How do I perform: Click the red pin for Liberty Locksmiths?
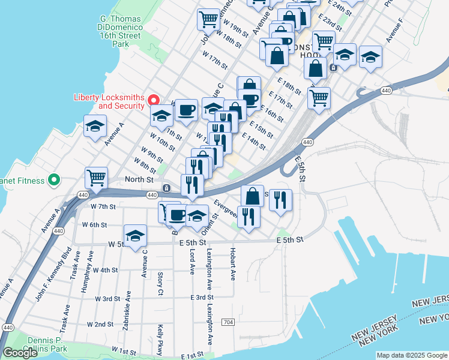[154, 100]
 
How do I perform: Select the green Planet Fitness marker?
[53, 179]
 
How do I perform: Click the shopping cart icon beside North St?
[96, 176]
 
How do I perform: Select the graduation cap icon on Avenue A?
[95, 126]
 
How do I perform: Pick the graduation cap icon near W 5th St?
[136, 235]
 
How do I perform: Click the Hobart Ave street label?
[232, 263]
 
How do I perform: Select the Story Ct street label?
[160, 283]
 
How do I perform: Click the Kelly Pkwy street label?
[160, 340]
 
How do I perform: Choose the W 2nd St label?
[100, 324]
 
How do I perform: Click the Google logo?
[20, 353]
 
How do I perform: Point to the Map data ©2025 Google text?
[411, 355]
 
